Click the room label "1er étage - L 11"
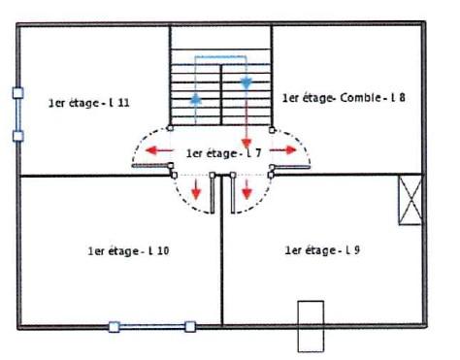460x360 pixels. pos(89,103)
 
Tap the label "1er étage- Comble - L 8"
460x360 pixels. pos(344,98)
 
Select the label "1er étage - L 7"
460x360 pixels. pos(223,153)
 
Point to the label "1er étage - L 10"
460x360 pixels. pos(128,250)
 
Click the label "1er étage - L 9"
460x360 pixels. pos(322,250)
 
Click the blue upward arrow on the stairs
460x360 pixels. pos(195,98)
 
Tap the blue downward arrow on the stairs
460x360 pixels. pos(246,83)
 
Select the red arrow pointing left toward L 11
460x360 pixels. pos(159,150)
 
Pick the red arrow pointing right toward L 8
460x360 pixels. pos(283,149)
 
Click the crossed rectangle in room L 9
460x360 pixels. pos(411,200)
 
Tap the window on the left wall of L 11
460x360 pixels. pos(18,115)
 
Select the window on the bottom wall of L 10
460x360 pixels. pos(152,327)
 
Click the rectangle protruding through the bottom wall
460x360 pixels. pos(311,326)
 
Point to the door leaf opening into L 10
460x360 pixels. pos(213,193)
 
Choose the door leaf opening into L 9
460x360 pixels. pos(233,193)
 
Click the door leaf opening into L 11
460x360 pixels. pos(152,166)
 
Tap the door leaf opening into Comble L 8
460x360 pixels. pos(290,167)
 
